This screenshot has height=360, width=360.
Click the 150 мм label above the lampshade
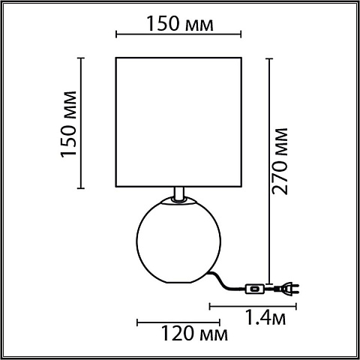(x=180, y=24)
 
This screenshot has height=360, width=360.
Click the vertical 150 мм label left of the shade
(x=68, y=124)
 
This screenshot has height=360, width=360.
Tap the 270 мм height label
(x=280, y=161)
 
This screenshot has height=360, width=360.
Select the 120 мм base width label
(x=194, y=333)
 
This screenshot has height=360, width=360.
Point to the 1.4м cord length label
(x=265, y=317)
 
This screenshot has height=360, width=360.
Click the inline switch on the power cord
(x=255, y=289)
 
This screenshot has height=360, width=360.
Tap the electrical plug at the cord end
(x=286, y=288)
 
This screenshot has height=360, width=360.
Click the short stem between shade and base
(x=179, y=193)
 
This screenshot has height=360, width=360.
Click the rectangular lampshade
(x=178, y=122)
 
